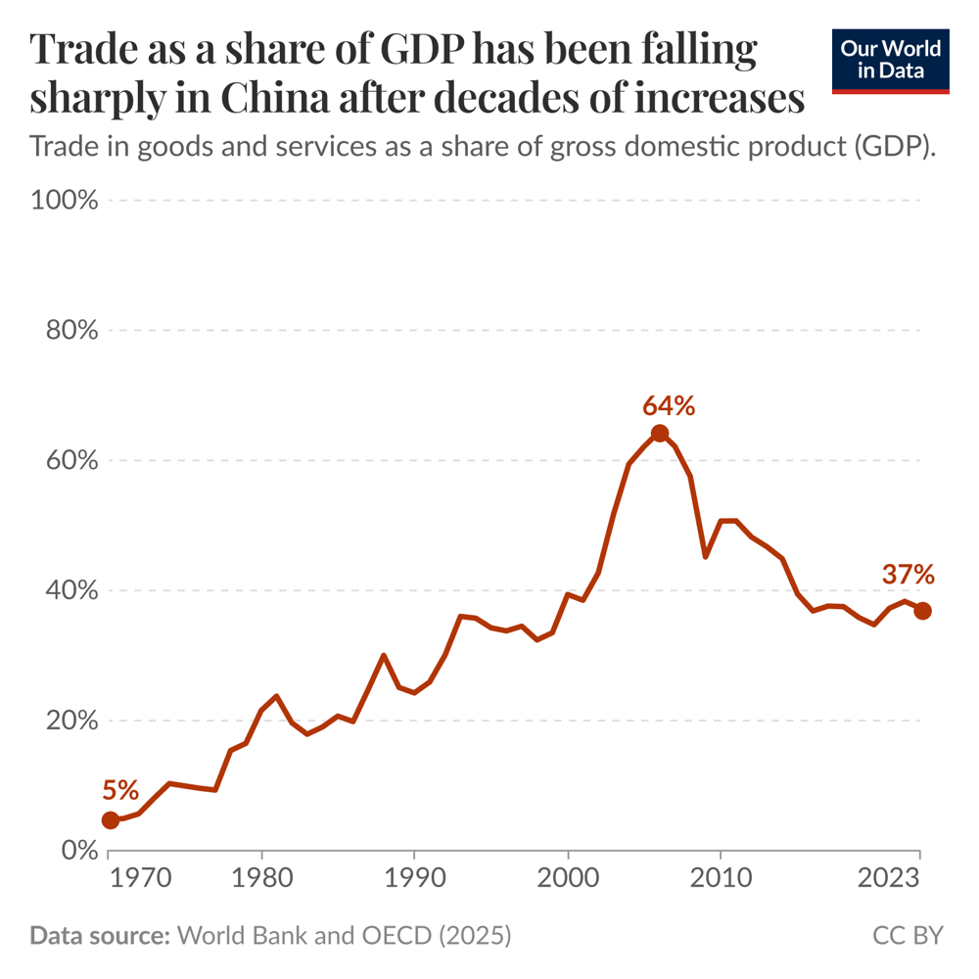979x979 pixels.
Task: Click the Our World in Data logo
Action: click(x=890, y=61)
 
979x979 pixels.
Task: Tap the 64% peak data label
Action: click(x=669, y=405)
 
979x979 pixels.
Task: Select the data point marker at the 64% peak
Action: click(x=660, y=434)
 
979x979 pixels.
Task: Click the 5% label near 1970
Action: click(x=119, y=790)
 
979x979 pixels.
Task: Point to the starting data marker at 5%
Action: click(x=111, y=820)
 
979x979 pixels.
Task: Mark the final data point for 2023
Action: click(x=922, y=611)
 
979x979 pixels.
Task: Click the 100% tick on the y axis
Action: click(x=65, y=201)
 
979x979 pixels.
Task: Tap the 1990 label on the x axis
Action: click(x=414, y=876)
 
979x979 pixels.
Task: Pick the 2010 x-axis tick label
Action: click(x=721, y=876)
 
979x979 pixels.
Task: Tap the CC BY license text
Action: click(x=908, y=936)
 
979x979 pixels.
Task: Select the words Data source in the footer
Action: click(x=99, y=936)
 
